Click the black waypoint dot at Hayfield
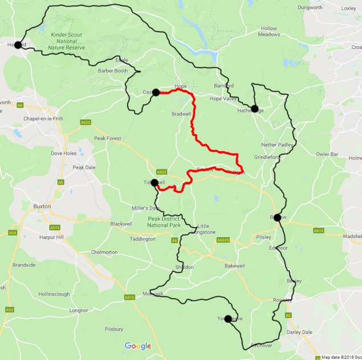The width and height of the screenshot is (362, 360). [x=18, y=45]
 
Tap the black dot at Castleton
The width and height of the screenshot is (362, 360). [x=156, y=92]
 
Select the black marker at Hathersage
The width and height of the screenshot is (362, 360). [x=254, y=109]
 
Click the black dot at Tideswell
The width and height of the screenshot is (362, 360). [x=154, y=183]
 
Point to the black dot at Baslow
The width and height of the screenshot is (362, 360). [x=278, y=217]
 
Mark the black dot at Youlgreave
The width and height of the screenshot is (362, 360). [x=228, y=319]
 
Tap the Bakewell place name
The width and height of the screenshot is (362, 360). [x=234, y=266]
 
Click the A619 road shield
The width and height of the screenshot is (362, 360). [x=318, y=230]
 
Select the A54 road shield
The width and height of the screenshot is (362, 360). [x=12, y=233]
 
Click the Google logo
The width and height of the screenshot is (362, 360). [x=138, y=346]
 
